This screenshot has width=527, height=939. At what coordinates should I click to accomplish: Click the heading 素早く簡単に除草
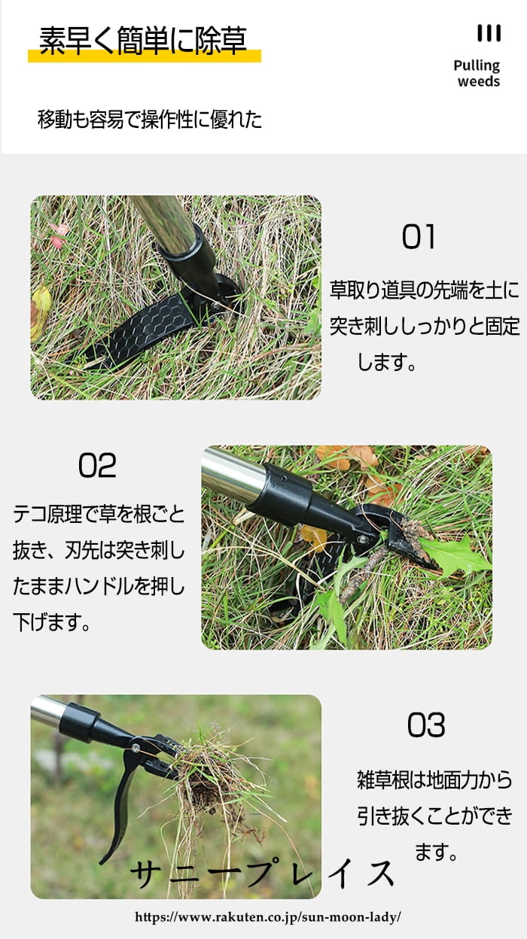point(143,41)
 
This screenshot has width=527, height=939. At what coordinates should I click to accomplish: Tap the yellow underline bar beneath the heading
point(145,56)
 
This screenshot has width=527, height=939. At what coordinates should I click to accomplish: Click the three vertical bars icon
point(489,33)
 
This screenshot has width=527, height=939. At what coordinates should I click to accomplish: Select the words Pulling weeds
point(477,73)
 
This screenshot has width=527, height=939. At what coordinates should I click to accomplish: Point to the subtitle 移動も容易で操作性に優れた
point(150,119)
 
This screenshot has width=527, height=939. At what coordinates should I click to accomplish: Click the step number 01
point(419,237)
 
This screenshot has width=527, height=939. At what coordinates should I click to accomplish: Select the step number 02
point(97,465)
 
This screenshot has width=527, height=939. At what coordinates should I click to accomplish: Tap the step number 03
point(426,725)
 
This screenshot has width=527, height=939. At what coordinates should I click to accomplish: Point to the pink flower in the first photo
point(59,235)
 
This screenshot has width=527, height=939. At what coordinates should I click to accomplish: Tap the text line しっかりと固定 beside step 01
point(460,326)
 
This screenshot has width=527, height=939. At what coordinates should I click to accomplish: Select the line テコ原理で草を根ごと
point(99,514)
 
